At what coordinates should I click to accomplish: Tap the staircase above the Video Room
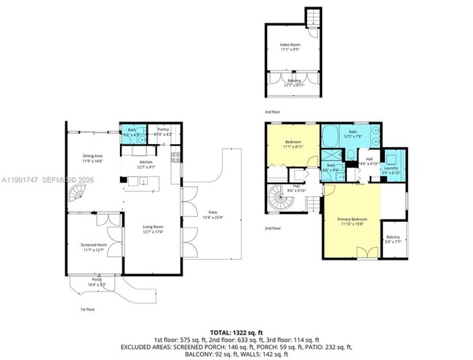(x=313, y=16)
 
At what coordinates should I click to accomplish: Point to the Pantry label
(x=162, y=132)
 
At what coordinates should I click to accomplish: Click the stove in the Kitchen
(x=175, y=156)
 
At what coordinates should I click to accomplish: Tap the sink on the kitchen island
(x=144, y=180)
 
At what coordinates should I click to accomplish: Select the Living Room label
(x=153, y=230)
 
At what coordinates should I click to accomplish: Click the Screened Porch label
(x=93, y=247)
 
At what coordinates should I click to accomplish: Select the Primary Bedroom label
(x=351, y=221)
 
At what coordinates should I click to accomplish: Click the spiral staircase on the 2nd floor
(x=280, y=199)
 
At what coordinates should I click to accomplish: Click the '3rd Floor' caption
(x=273, y=111)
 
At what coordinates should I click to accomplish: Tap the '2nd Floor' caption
(x=273, y=228)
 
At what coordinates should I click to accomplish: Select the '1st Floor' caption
(x=87, y=309)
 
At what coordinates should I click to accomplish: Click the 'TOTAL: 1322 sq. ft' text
(x=236, y=332)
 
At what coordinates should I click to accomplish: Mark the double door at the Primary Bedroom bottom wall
(x=367, y=252)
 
